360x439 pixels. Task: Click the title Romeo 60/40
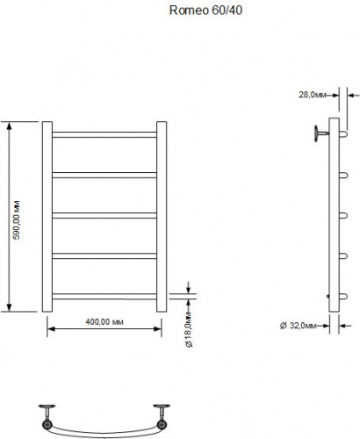pyautogui.click(x=205, y=11)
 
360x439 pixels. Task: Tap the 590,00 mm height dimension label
pyautogui.click(x=16, y=219)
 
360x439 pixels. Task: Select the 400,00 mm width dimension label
pyautogui.click(x=104, y=322)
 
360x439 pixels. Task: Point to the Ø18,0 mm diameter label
pyautogui.click(x=189, y=329)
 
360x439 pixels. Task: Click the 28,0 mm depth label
pyautogui.click(x=313, y=95)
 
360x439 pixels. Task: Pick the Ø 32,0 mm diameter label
pyautogui.click(x=299, y=325)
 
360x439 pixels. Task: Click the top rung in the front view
pyautogui.click(x=104, y=134)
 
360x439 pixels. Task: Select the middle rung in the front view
pyautogui.click(x=104, y=215)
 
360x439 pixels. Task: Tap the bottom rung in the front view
pyautogui.click(x=104, y=296)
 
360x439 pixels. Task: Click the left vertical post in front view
pyautogui.click(x=47, y=217)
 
